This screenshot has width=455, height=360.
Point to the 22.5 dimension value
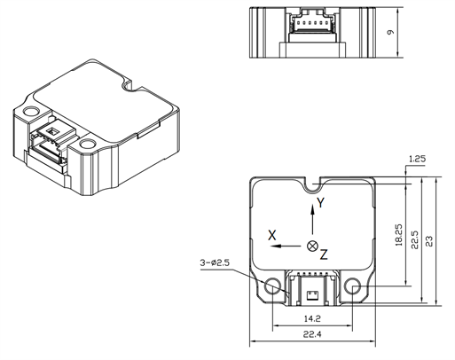(415, 241)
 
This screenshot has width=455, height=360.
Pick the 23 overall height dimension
(430, 242)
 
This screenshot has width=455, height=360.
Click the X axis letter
(273, 236)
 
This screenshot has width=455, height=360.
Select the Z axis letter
(324, 254)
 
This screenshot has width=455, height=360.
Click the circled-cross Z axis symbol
(311, 245)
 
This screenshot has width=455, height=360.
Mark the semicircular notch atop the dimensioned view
(311, 184)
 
